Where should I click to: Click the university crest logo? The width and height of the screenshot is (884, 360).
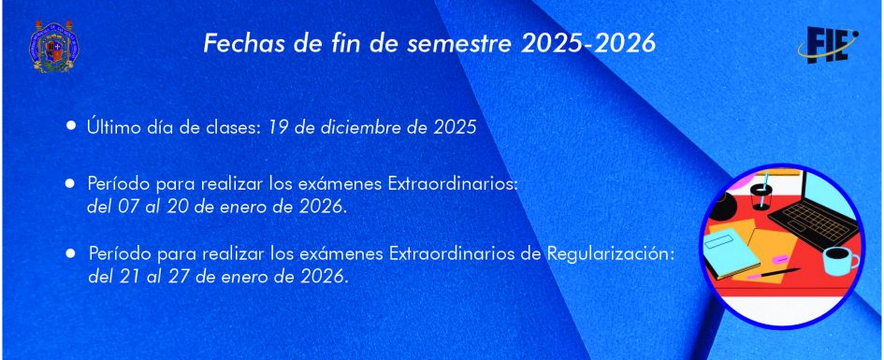(53, 46)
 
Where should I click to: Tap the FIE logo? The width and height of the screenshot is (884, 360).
(828, 45)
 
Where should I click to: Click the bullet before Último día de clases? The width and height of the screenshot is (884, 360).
(70, 125)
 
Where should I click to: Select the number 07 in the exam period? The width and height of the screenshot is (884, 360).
(130, 207)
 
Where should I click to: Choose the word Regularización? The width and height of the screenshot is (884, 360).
(611, 254)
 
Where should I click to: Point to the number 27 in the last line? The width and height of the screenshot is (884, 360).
(179, 277)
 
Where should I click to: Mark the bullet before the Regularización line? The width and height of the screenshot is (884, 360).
(70, 253)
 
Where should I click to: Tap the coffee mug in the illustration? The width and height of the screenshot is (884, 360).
(840, 260)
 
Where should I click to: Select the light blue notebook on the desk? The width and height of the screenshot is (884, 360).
(732, 252)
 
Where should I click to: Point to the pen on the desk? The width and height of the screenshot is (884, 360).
(774, 274)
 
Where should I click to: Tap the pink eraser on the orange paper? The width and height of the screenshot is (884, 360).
(780, 259)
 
